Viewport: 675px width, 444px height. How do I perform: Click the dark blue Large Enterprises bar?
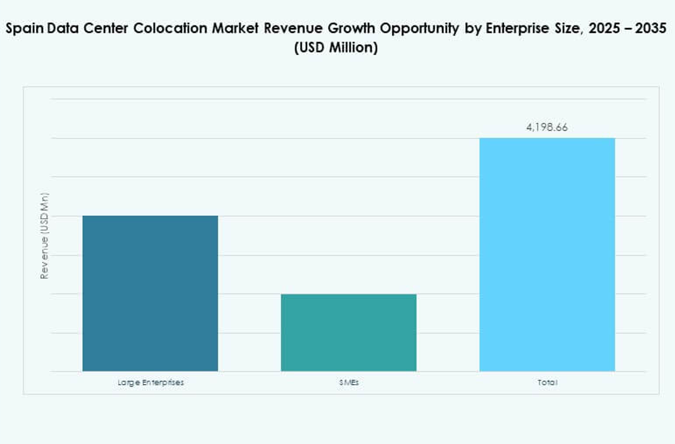tap(150, 293)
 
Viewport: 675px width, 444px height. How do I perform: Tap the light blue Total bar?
tap(547, 254)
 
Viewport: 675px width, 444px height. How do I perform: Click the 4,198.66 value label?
tap(547, 127)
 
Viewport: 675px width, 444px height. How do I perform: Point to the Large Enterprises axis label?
tap(151, 383)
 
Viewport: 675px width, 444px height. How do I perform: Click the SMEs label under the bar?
tap(349, 383)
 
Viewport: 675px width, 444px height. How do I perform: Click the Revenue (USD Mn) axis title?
tap(44, 235)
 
